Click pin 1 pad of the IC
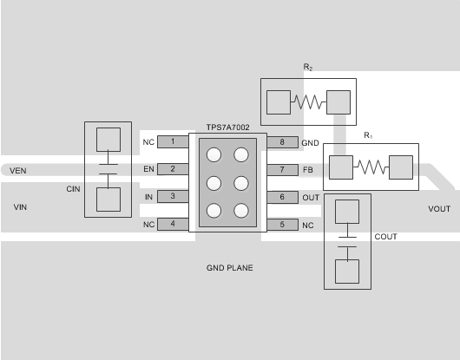click(173, 141)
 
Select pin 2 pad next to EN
click(173, 169)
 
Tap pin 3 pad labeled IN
click(173, 197)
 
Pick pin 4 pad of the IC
click(173, 225)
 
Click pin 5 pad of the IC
click(282, 225)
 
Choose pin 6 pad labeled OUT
click(282, 197)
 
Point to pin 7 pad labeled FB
click(282, 169)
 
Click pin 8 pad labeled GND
click(282, 141)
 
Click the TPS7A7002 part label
click(227, 127)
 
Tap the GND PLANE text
click(229, 268)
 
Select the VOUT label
click(440, 210)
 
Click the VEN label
click(18, 171)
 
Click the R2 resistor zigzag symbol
click(308, 102)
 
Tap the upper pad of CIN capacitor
click(108, 141)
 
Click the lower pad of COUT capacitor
click(347, 271)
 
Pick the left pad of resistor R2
click(278, 102)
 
